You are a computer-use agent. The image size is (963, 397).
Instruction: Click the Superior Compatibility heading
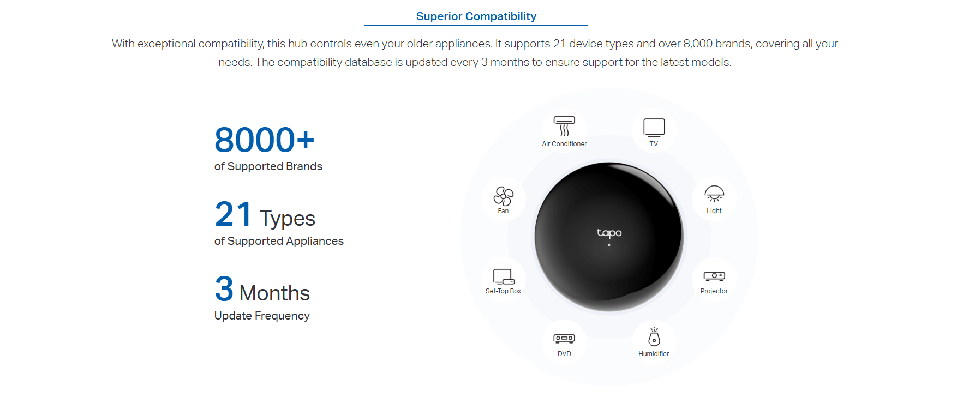pyautogui.click(x=476, y=16)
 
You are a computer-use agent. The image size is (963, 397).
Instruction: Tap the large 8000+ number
pyautogui.click(x=265, y=140)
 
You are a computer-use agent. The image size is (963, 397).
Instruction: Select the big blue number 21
pyautogui.click(x=233, y=214)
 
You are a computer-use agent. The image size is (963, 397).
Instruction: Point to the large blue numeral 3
pyautogui.click(x=224, y=288)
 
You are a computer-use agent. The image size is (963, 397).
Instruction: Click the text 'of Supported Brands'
pyautogui.click(x=268, y=166)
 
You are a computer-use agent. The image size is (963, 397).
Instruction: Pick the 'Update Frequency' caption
pyautogui.click(x=262, y=316)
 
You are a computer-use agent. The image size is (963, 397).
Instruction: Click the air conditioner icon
pyautogui.click(x=564, y=126)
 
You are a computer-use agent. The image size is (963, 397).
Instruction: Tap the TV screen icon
pyautogui.click(x=654, y=128)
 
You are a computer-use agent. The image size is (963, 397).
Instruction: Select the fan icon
pyautogui.click(x=503, y=196)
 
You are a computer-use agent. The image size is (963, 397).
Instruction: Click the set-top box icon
pyautogui.click(x=504, y=276)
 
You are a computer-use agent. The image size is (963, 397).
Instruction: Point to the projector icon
pyautogui.click(x=714, y=276)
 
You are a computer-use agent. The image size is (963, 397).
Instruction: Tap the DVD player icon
pyautogui.click(x=564, y=339)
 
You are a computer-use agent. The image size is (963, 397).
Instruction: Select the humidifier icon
pyautogui.click(x=654, y=336)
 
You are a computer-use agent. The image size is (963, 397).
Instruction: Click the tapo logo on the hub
pyautogui.click(x=609, y=233)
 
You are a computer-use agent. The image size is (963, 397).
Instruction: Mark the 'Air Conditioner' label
pyautogui.click(x=564, y=144)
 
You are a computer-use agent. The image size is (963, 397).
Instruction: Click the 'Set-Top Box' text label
pyautogui.click(x=503, y=291)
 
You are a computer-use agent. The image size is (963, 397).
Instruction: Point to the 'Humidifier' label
pyautogui.click(x=654, y=354)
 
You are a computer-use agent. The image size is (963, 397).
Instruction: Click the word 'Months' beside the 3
pyautogui.click(x=274, y=293)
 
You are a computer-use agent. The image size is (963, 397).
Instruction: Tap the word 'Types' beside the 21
pyautogui.click(x=288, y=219)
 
